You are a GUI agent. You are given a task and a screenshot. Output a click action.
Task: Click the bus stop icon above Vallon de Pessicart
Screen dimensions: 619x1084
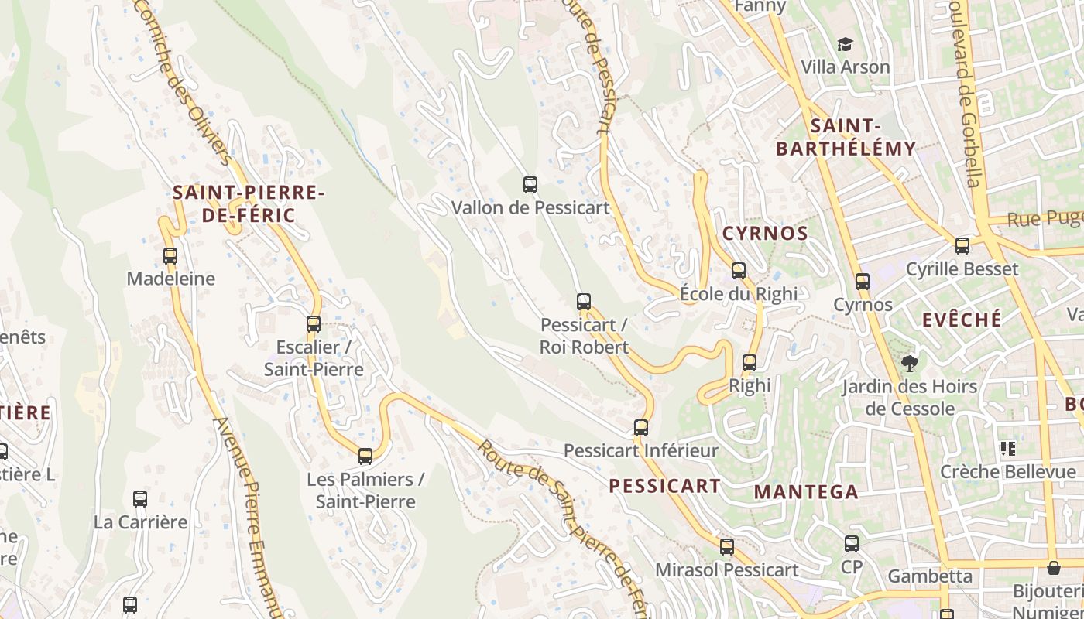530,185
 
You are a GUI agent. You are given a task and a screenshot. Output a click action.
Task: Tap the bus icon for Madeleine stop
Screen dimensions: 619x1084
170,255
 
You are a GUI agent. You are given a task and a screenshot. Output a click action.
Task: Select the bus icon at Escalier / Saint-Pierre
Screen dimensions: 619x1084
314,323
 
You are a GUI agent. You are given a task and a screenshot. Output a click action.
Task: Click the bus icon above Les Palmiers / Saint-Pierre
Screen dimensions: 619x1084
365,457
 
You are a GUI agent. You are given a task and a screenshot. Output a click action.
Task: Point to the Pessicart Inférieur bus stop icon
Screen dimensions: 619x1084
641,427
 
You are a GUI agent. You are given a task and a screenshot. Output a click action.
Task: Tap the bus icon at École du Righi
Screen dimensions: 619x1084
739,270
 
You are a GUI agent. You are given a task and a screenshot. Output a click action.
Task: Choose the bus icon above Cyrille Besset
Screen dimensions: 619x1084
962,246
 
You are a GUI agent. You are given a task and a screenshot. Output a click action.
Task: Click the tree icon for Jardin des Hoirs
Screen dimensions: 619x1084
910,363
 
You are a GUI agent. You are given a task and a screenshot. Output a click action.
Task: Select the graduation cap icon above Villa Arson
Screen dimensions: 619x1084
845,45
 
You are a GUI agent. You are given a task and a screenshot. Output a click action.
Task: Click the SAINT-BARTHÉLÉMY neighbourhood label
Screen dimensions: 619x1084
846,137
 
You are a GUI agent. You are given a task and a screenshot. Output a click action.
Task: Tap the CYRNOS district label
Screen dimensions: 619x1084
765,233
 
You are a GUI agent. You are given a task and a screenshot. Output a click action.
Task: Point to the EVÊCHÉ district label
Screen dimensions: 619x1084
962,320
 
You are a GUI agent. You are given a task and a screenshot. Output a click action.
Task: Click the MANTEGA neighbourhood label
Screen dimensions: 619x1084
806,491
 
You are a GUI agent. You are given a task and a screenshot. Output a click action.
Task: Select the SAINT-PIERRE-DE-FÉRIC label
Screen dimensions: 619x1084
249,203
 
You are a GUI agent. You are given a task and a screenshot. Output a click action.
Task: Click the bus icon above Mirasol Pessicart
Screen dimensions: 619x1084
727,547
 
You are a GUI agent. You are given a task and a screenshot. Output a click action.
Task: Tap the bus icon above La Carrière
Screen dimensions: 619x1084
140,499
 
